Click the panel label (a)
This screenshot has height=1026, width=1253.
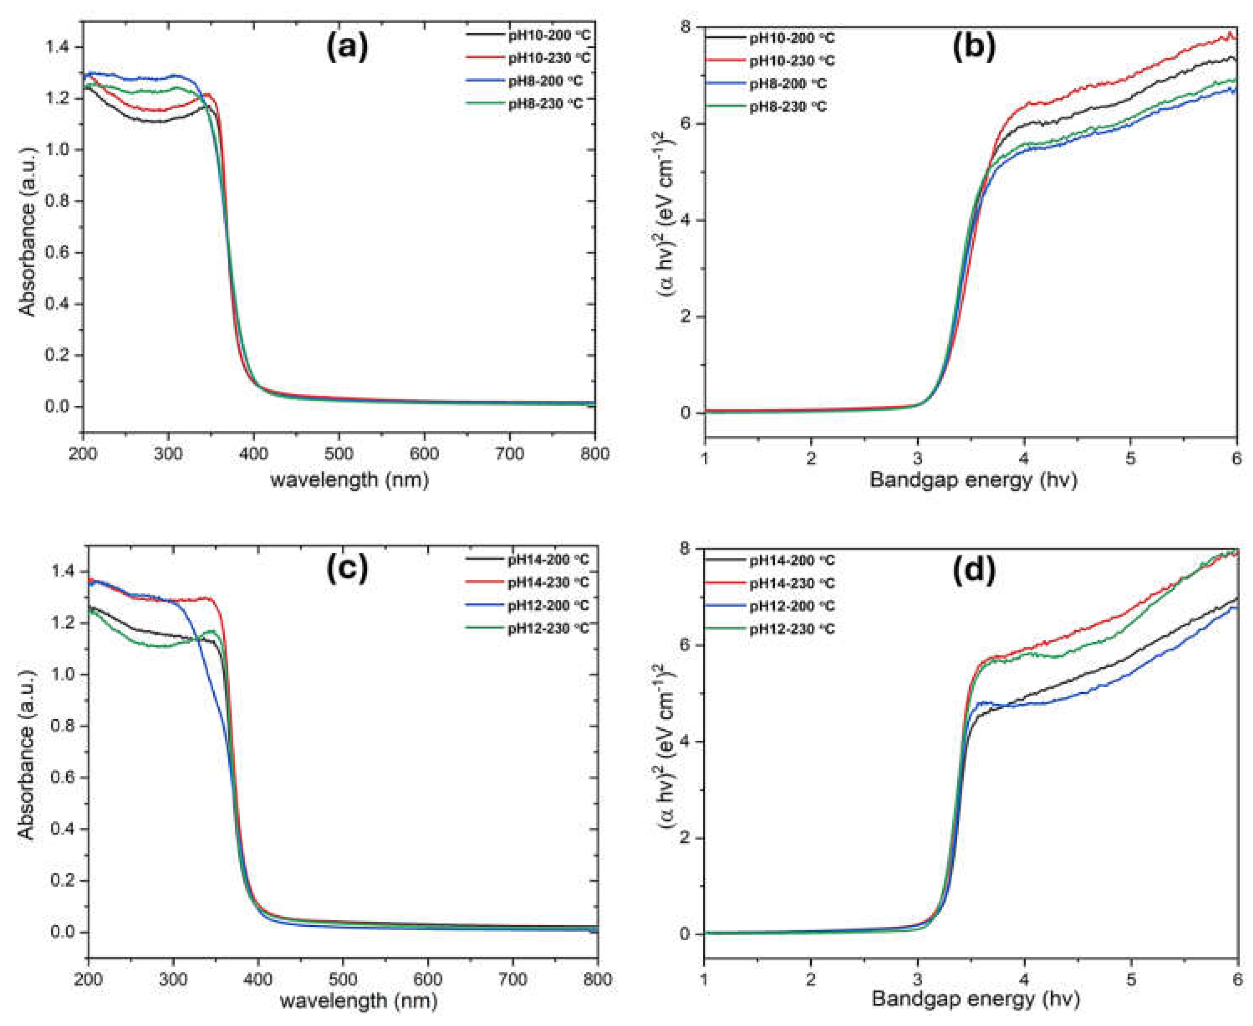pyautogui.click(x=347, y=47)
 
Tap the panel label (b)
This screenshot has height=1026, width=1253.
pyautogui.click(x=974, y=47)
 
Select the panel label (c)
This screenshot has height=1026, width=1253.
pyautogui.click(x=347, y=567)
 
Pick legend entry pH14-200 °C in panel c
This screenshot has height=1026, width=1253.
pyautogui.click(x=548, y=559)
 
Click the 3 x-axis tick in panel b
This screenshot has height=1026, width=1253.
pyautogui.click(x=917, y=458)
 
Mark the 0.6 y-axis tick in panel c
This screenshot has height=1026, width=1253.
pyautogui.click(x=61, y=777)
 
